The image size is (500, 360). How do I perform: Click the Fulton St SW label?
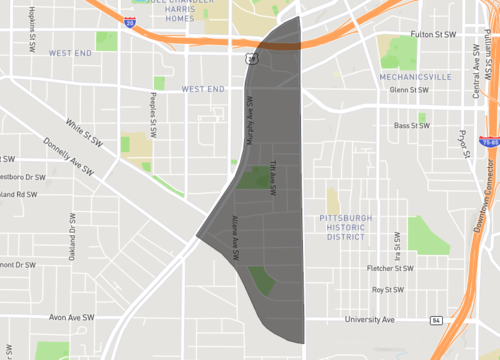433,34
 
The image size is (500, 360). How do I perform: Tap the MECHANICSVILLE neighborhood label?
416,76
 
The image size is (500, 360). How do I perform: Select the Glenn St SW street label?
410,90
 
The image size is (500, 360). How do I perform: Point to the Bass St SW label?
412,126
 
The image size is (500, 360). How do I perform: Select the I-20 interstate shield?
130,20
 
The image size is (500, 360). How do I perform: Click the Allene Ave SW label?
236,242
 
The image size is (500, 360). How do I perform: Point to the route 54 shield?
436,320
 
